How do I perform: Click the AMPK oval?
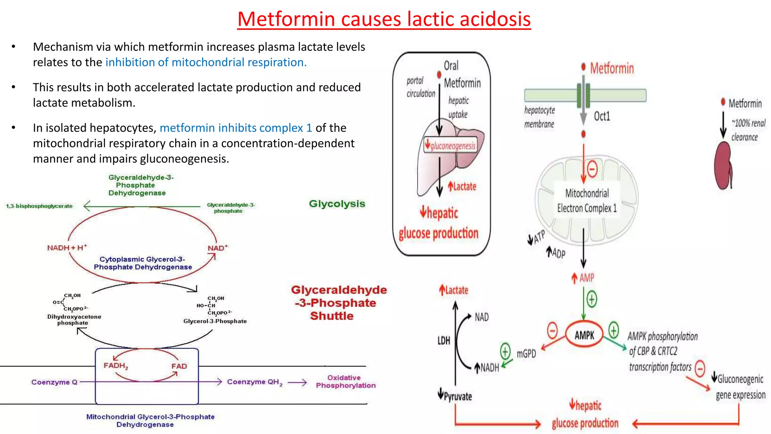coord(584,335)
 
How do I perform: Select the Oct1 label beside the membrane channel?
coord(602,116)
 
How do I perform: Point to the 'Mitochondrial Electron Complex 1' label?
coord(587,201)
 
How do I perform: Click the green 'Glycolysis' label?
coord(337,204)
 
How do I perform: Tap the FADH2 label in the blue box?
coord(116,365)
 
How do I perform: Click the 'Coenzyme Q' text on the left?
coord(54,382)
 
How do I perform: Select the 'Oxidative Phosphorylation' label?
coord(345,382)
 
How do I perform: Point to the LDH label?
coord(443,341)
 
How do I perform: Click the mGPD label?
coord(526,353)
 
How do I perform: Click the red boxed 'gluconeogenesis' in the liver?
coord(450,145)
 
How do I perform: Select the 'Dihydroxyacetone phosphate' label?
coord(74,319)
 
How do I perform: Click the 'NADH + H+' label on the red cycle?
coord(67,248)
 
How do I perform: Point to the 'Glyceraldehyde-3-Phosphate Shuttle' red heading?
coord(338,303)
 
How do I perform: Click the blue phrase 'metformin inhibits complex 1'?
coord(236,128)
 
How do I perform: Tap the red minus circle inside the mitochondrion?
coord(592,169)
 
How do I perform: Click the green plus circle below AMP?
coord(591,300)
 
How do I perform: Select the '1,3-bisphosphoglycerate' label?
coord(39,206)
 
